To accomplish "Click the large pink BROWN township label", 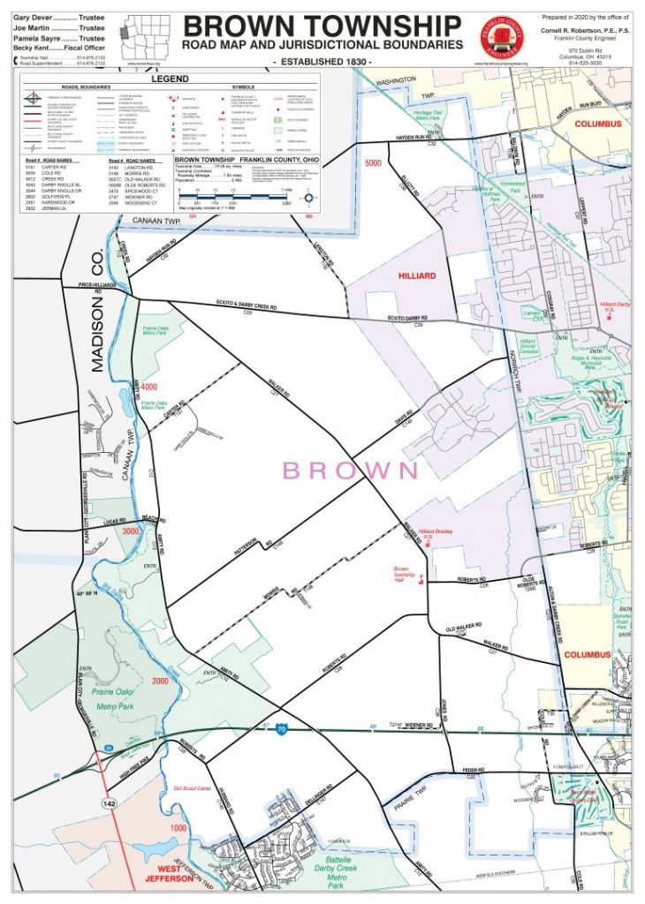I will pyautogui.click(x=349, y=470).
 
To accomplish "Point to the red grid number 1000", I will pyautogui.click(x=179, y=829).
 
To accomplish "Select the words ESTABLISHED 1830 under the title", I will pyautogui.click(x=322, y=60).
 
